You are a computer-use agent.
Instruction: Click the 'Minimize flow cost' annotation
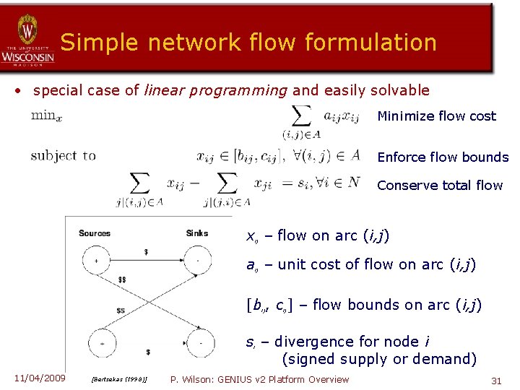(436, 116)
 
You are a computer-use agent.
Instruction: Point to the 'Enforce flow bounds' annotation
(443, 157)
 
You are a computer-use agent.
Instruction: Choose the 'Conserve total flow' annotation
(439, 186)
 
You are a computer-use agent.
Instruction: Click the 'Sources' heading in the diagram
(95, 233)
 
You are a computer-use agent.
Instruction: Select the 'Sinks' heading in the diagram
(197, 233)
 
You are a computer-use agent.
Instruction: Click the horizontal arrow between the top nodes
(147, 259)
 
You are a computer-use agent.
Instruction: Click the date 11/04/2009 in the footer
(39, 378)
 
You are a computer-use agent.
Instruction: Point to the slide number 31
(496, 380)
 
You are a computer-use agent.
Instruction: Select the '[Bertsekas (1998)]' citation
(119, 380)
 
